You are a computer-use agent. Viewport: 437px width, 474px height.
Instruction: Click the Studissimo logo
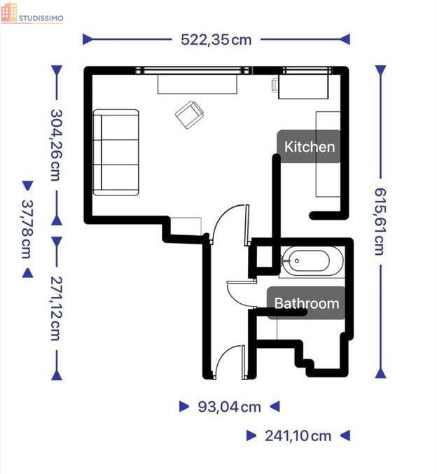click(32, 13)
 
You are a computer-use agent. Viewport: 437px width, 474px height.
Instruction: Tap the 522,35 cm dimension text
click(216, 40)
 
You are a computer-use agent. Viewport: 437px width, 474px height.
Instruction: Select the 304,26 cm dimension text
click(57, 145)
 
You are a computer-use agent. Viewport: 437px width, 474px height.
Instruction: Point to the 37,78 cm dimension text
click(28, 229)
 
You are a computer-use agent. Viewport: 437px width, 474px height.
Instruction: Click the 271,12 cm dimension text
click(57, 308)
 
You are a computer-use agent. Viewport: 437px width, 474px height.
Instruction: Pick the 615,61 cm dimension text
click(380, 221)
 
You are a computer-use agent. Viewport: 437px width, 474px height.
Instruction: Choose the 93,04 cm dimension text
click(229, 407)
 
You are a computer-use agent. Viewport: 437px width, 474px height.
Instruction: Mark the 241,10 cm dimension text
click(298, 436)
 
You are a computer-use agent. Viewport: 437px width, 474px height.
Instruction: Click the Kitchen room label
click(310, 146)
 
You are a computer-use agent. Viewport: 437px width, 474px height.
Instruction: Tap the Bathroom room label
click(306, 303)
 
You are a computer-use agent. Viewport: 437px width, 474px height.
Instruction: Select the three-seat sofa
click(116, 153)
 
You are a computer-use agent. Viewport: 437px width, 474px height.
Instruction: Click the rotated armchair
click(189, 115)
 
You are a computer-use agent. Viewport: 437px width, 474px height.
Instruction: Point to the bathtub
click(311, 260)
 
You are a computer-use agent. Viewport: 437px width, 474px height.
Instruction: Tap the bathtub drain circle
click(297, 260)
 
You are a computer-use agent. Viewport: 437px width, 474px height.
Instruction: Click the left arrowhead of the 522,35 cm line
click(88, 39)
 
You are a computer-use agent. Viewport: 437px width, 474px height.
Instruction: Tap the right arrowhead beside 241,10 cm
click(345, 435)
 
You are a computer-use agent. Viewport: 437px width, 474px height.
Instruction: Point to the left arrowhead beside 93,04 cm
click(184, 407)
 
